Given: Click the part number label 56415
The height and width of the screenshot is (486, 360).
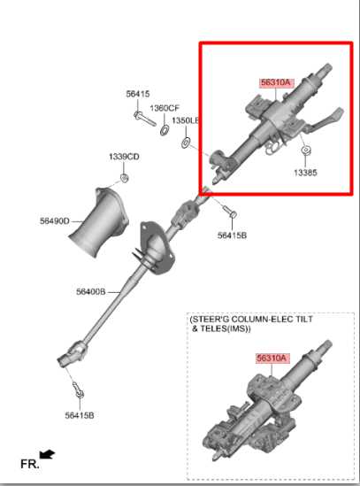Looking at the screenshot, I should point(137,94).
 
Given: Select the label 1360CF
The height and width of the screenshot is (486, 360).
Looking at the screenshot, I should point(164,108).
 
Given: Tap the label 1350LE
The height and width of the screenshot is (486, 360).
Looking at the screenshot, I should point(186,120).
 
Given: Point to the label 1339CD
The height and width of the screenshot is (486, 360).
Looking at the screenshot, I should point(124,157).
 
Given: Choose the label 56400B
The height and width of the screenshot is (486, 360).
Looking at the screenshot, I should point(90,291).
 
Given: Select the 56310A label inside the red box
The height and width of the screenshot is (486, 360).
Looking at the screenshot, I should point(275,82).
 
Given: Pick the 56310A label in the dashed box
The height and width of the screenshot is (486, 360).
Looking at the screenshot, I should point(272,358).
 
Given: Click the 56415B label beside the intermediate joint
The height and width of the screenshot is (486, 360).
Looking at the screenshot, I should point(232,235).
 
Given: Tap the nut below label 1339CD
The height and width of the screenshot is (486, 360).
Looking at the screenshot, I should point(124,179).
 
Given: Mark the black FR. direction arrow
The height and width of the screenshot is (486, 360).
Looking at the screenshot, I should point(47,455).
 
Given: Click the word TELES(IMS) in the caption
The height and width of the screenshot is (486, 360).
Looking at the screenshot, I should point(226,328).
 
